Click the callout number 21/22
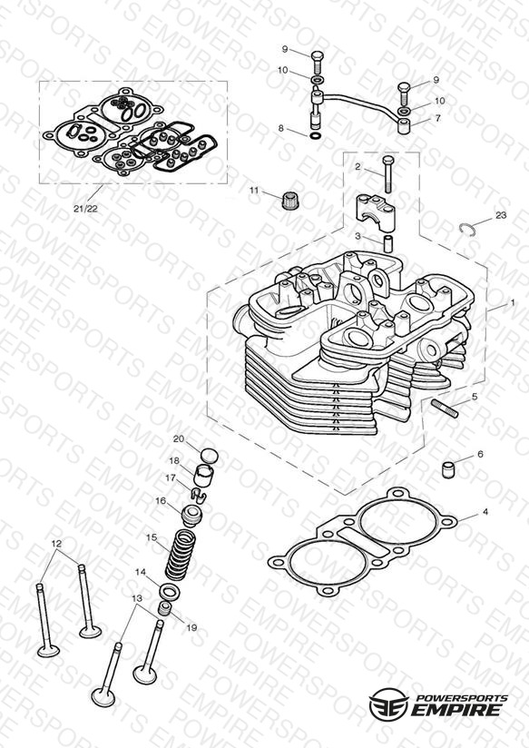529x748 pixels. pyautogui.click(x=85, y=208)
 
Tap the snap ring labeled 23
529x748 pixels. pyautogui.click(x=468, y=229)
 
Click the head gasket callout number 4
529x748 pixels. pyautogui.click(x=485, y=512)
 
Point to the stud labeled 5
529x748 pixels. pyautogui.click(x=445, y=409)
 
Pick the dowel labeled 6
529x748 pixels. pyautogui.click(x=448, y=469)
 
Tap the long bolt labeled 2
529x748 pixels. pyautogui.click(x=387, y=174)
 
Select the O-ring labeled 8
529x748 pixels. pyautogui.click(x=315, y=136)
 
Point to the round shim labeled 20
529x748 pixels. pyautogui.click(x=210, y=456)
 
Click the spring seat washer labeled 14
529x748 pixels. pyautogui.click(x=170, y=591)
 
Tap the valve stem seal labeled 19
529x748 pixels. pyautogui.click(x=165, y=609)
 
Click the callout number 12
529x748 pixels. pyautogui.click(x=56, y=543)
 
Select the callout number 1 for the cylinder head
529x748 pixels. pyautogui.click(x=513, y=302)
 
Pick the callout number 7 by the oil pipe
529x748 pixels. pyautogui.click(x=438, y=118)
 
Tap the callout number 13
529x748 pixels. pyautogui.click(x=137, y=598)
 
